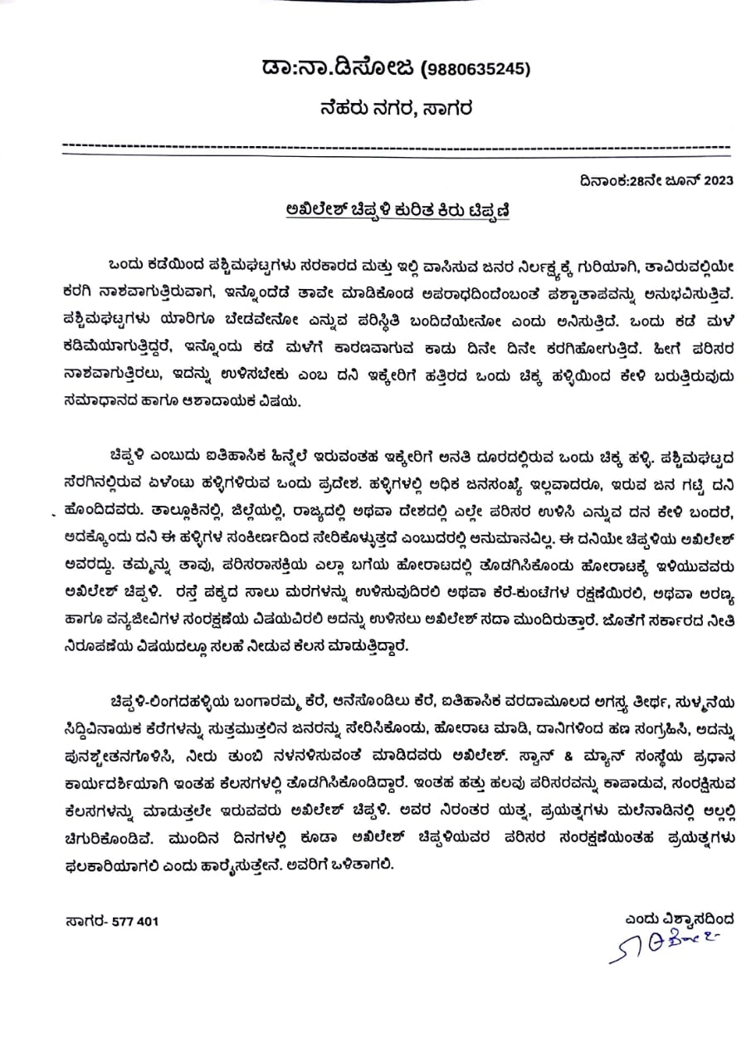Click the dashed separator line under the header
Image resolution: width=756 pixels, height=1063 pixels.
tap(395, 146)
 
